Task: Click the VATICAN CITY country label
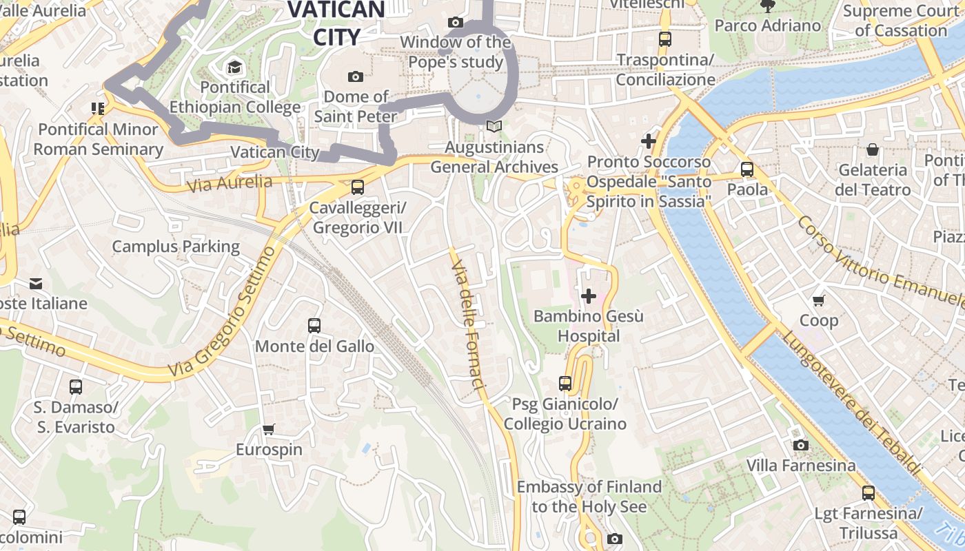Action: point(336,22)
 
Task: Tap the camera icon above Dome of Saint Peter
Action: point(356,76)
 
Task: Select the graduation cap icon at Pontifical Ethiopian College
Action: point(235,67)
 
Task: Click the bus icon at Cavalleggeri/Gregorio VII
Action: point(357,187)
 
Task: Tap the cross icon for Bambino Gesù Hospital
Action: point(589,296)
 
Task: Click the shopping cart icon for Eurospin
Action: point(269,430)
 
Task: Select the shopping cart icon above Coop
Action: point(818,300)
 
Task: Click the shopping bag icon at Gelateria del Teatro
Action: point(873,149)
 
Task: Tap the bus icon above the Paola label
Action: point(747,169)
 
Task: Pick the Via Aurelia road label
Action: point(230,183)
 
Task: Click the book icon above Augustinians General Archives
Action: point(494,127)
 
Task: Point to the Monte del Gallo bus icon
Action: point(314,326)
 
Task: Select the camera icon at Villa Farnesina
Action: point(800,446)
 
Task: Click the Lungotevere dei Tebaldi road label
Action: point(852,403)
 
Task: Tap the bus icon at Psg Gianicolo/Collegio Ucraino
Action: point(565,384)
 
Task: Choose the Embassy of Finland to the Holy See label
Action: point(589,497)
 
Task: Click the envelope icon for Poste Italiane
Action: point(36,283)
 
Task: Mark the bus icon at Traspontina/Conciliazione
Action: point(664,39)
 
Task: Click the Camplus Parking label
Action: point(176,247)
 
